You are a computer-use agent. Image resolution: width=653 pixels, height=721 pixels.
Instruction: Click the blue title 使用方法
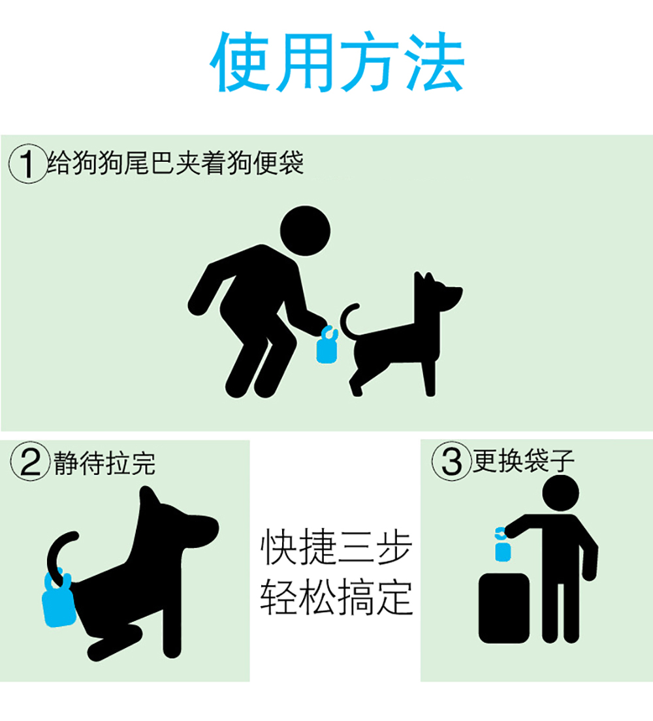tap(337, 62)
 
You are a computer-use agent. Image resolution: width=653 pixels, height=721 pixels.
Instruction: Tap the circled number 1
tap(28, 164)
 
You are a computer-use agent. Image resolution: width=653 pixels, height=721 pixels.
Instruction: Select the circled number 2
tap(31, 461)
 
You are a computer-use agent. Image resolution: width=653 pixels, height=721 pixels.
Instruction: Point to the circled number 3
tap(451, 461)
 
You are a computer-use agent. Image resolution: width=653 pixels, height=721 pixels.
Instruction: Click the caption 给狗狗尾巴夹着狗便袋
tap(176, 162)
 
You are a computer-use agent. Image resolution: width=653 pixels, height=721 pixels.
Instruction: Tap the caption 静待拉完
tap(104, 463)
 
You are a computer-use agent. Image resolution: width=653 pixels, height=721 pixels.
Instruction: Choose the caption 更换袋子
tap(524, 460)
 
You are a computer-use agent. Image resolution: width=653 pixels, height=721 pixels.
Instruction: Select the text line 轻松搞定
tap(336, 597)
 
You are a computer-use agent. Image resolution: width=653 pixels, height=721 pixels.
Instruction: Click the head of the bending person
tap(305, 231)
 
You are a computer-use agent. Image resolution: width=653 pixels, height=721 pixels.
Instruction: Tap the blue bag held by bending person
tap(327, 345)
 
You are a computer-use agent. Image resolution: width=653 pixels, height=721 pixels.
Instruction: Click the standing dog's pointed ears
tap(424, 279)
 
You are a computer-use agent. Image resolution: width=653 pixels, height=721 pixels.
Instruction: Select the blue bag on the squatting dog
tap(59, 601)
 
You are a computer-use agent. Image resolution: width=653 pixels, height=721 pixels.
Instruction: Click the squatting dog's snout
tap(205, 528)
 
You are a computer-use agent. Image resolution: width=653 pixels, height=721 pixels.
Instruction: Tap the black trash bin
tap(504, 608)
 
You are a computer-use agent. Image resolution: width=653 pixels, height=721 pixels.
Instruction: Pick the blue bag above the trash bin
tap(503, 545)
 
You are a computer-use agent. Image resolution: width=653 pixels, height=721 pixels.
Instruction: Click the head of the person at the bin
tap(560, 493)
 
